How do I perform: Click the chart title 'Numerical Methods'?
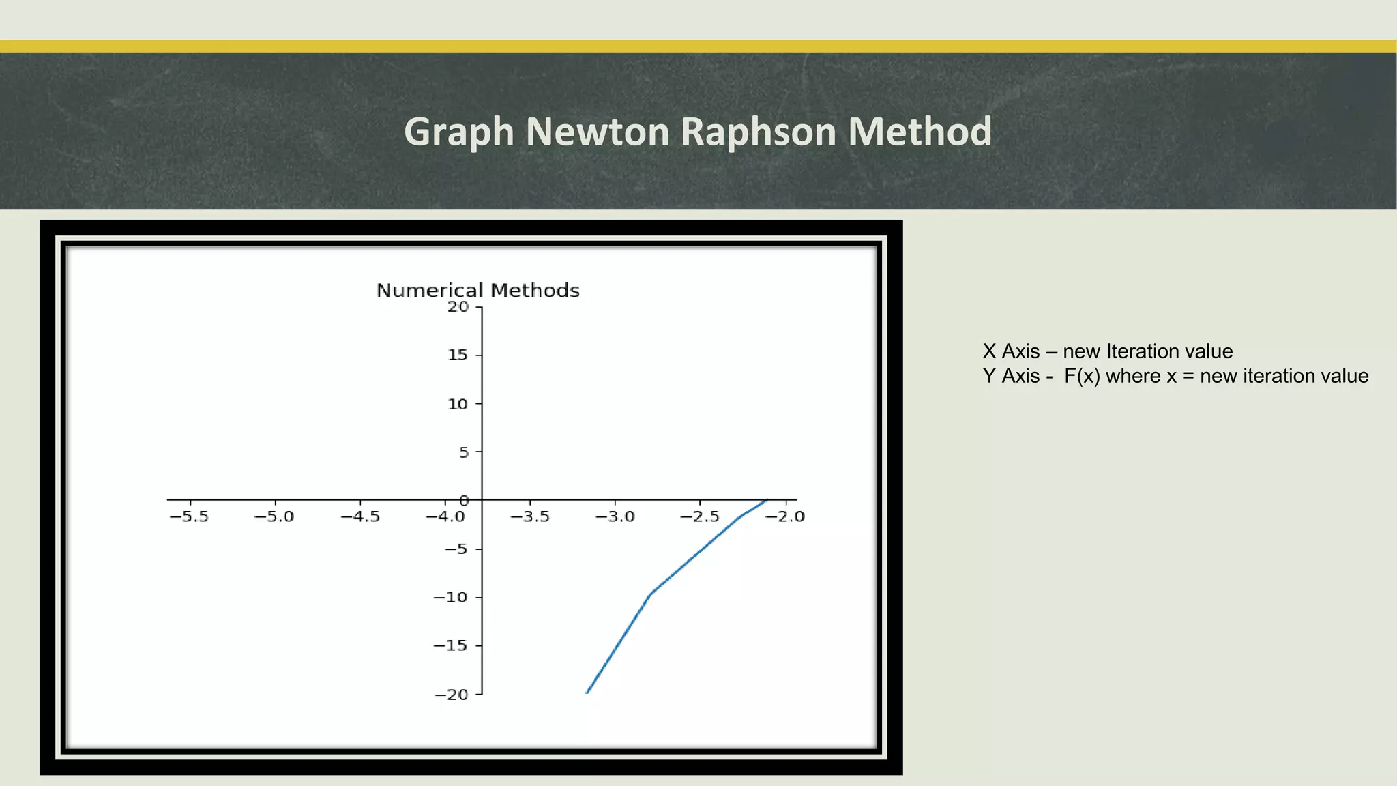pos(477,291)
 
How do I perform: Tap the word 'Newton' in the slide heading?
pos(598,131)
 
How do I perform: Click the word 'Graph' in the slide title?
pos(458,132)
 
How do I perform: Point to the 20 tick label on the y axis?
pos(458,307)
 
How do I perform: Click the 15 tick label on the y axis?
pos(458,355)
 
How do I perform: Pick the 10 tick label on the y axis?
pos(458,404)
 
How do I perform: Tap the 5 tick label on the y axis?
pos(464,452)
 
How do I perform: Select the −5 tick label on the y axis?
pos(456,549)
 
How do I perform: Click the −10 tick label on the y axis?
pos(451,598)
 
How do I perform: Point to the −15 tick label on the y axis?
pos(451,645)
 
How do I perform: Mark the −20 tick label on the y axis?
pos(451,695)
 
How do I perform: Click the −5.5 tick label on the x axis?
pos(189,516)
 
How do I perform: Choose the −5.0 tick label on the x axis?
pos(274,516)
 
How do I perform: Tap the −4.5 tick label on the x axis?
pos(359,516)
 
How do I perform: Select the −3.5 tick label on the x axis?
pos(530,516)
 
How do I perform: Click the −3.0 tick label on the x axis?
pos(615,516)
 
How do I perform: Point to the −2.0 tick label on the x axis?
pos(785,516)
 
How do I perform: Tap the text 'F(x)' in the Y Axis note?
pos(1082,376)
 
